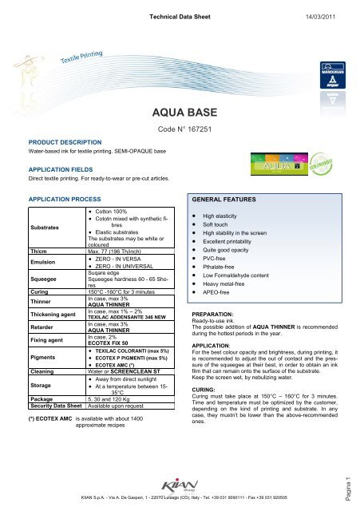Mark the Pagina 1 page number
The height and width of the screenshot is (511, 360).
click(353, 485)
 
